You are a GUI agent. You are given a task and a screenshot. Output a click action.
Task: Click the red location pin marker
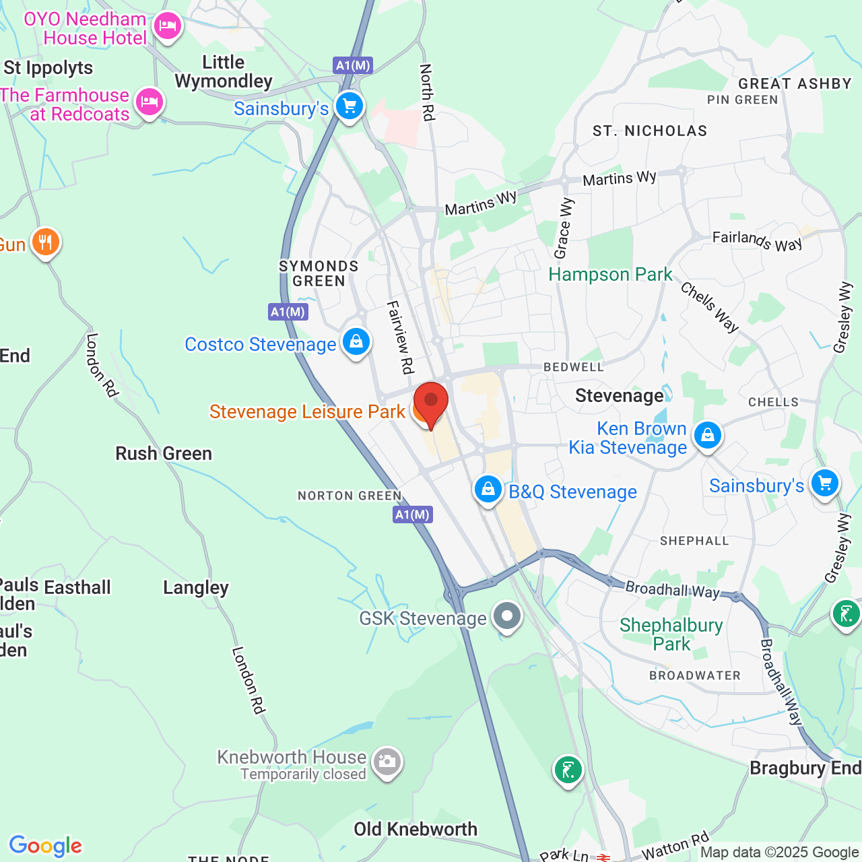430,402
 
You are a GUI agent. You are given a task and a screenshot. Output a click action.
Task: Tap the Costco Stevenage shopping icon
356,342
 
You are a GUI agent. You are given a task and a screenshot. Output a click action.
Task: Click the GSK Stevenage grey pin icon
506,616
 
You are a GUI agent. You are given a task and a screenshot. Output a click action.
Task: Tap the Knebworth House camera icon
387,762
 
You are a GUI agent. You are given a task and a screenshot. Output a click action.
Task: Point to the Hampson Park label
610,275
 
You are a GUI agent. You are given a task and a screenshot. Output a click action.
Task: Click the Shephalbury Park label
671,634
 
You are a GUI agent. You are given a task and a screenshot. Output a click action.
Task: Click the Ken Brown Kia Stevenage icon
707,436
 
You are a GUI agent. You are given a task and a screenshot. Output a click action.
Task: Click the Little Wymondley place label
224,72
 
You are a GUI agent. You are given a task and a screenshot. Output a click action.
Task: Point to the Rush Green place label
164,453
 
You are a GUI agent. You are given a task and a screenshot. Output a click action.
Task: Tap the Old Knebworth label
416,829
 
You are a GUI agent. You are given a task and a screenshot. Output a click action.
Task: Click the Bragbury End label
805,768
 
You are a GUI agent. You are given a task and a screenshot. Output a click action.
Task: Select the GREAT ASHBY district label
795,84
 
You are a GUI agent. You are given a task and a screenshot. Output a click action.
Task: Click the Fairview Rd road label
399,337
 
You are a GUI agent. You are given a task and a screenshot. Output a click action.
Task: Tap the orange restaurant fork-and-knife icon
46,242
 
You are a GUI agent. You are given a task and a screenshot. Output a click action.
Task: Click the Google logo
45,846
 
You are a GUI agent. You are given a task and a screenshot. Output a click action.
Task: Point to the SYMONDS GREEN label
319,273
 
